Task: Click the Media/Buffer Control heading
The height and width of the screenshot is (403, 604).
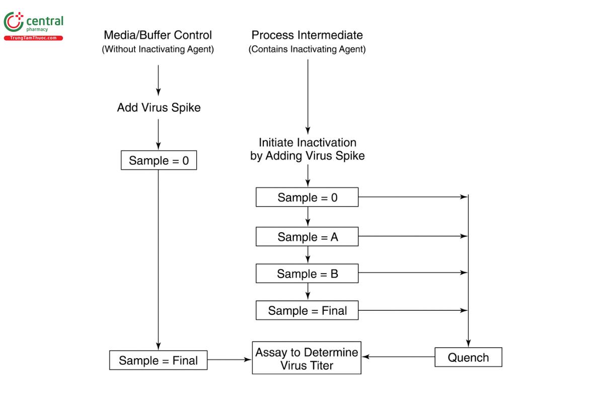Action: pyautogui.click(x=158, y=35)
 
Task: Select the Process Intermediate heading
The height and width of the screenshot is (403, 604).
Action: pyautogui.click(x=307, y=35)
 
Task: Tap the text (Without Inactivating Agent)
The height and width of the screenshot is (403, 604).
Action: pyautogui.click(x=158, y=50)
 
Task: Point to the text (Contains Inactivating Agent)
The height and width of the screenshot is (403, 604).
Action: pyautogui.click(x=307, y=50)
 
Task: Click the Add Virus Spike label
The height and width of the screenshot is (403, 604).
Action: pyautogui.click(x=159, y=107)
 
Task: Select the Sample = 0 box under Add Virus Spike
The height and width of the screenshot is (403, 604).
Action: pyautogui.click(x=159, y=161)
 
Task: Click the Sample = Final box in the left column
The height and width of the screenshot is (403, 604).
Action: pyautogui.click(x=158, y=361)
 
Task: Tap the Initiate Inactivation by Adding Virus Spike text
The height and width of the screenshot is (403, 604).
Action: pyautogui.click(x=307, y=149)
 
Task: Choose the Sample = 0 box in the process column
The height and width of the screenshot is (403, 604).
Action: pyautogui.click(x=307, y=197)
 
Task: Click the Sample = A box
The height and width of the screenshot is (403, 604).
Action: pyautogui.click(x=307, y=236)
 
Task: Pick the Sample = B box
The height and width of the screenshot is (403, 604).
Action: pyautogui.click(x=307, y=274)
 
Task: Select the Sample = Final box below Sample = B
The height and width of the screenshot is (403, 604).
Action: pyautogui.click(x=307, y=310)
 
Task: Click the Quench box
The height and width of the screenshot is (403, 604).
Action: pyautogui.click(x=468, y=358)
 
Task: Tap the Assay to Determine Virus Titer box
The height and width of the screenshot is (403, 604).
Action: pyautogui.click(x=307, y=358)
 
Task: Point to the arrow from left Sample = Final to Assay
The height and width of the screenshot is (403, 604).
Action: pyautogui.click(x=229, y=360)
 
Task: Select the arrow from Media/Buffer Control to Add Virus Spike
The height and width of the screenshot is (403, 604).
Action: pyautogui.click(x=159, y=80)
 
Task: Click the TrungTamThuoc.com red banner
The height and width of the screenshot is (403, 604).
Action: pyautogui.click(x=33, y=38)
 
